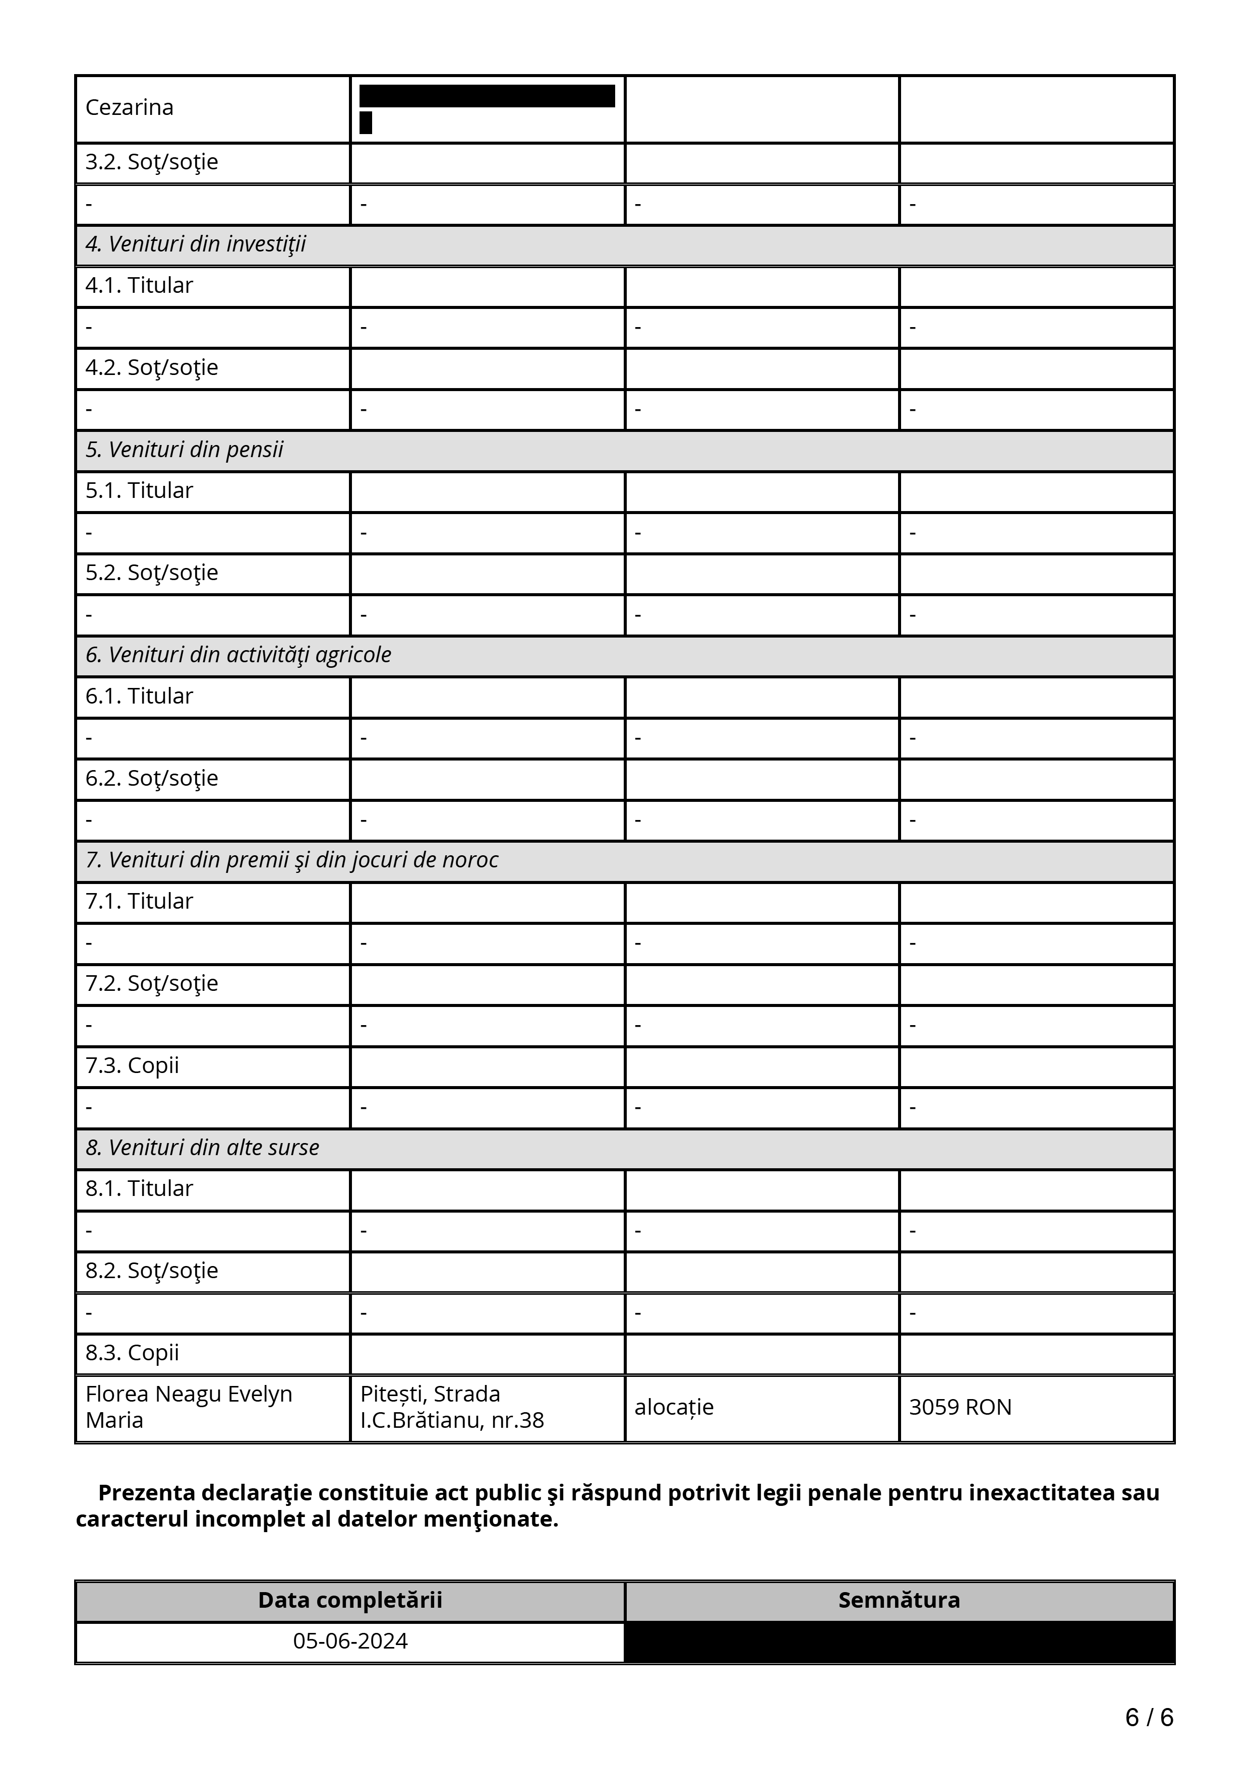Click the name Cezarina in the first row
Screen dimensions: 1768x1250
(130, 107)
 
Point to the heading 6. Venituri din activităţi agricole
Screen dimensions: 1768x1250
(238, 655)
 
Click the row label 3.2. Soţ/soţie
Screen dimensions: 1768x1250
(152, 162)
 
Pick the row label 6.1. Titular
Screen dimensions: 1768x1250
(139, 696)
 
